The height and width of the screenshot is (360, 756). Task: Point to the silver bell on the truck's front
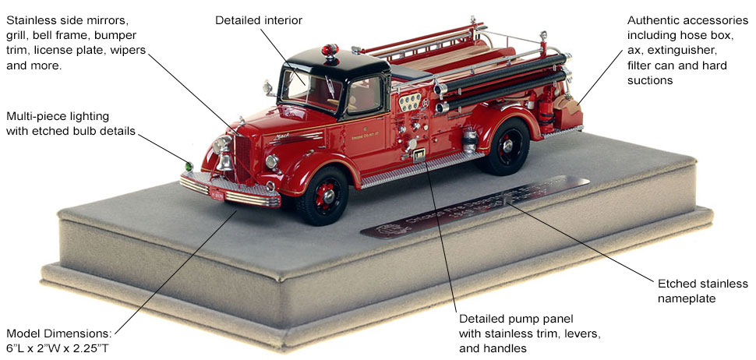224,162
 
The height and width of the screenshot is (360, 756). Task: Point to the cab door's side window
363,94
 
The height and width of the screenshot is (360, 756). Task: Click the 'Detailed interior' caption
259,19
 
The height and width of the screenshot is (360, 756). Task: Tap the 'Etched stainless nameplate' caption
701,291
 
